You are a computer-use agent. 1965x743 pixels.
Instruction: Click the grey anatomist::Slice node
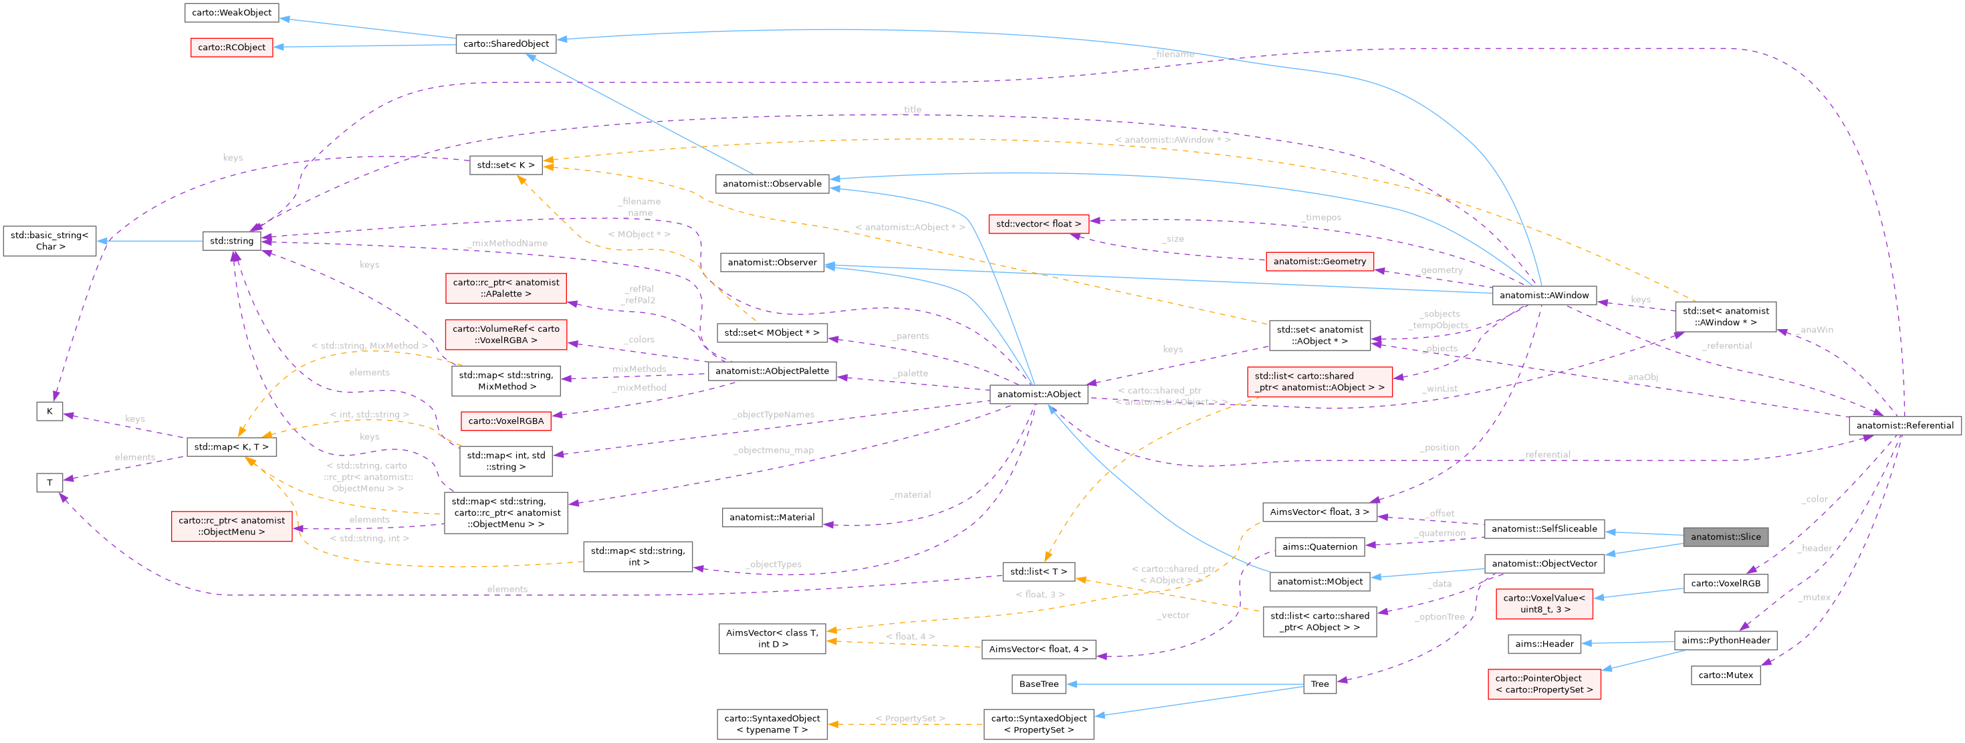pos(1725,536)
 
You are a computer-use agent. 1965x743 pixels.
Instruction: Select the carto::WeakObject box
pos(231,12)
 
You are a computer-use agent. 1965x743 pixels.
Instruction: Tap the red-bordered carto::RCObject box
pos(231,47)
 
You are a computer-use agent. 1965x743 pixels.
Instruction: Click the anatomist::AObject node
pos(1038,394)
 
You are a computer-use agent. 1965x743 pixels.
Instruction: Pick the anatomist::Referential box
pos(1904,425)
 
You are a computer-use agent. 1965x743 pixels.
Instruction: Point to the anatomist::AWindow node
pos(1543,295)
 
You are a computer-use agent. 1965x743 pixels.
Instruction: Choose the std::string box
pos(231,240)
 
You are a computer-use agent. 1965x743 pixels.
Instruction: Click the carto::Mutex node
pos(1725,674)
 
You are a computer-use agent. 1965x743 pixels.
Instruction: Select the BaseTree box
pos(1038,683)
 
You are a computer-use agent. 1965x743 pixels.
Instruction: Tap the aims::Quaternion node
pos(1319,546)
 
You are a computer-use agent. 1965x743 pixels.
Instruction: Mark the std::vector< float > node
pos(1038,223)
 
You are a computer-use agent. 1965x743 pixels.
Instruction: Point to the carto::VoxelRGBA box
pos(505,421)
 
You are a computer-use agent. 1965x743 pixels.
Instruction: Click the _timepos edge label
pos(1320,217)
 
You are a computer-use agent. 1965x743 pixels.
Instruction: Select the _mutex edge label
pos(1813,597)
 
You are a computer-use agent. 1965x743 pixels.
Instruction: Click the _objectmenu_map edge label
pos(773,450)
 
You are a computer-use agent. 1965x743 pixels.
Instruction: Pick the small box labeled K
pos(49,411)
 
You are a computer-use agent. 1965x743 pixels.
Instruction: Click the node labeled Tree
pos(1319,683)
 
